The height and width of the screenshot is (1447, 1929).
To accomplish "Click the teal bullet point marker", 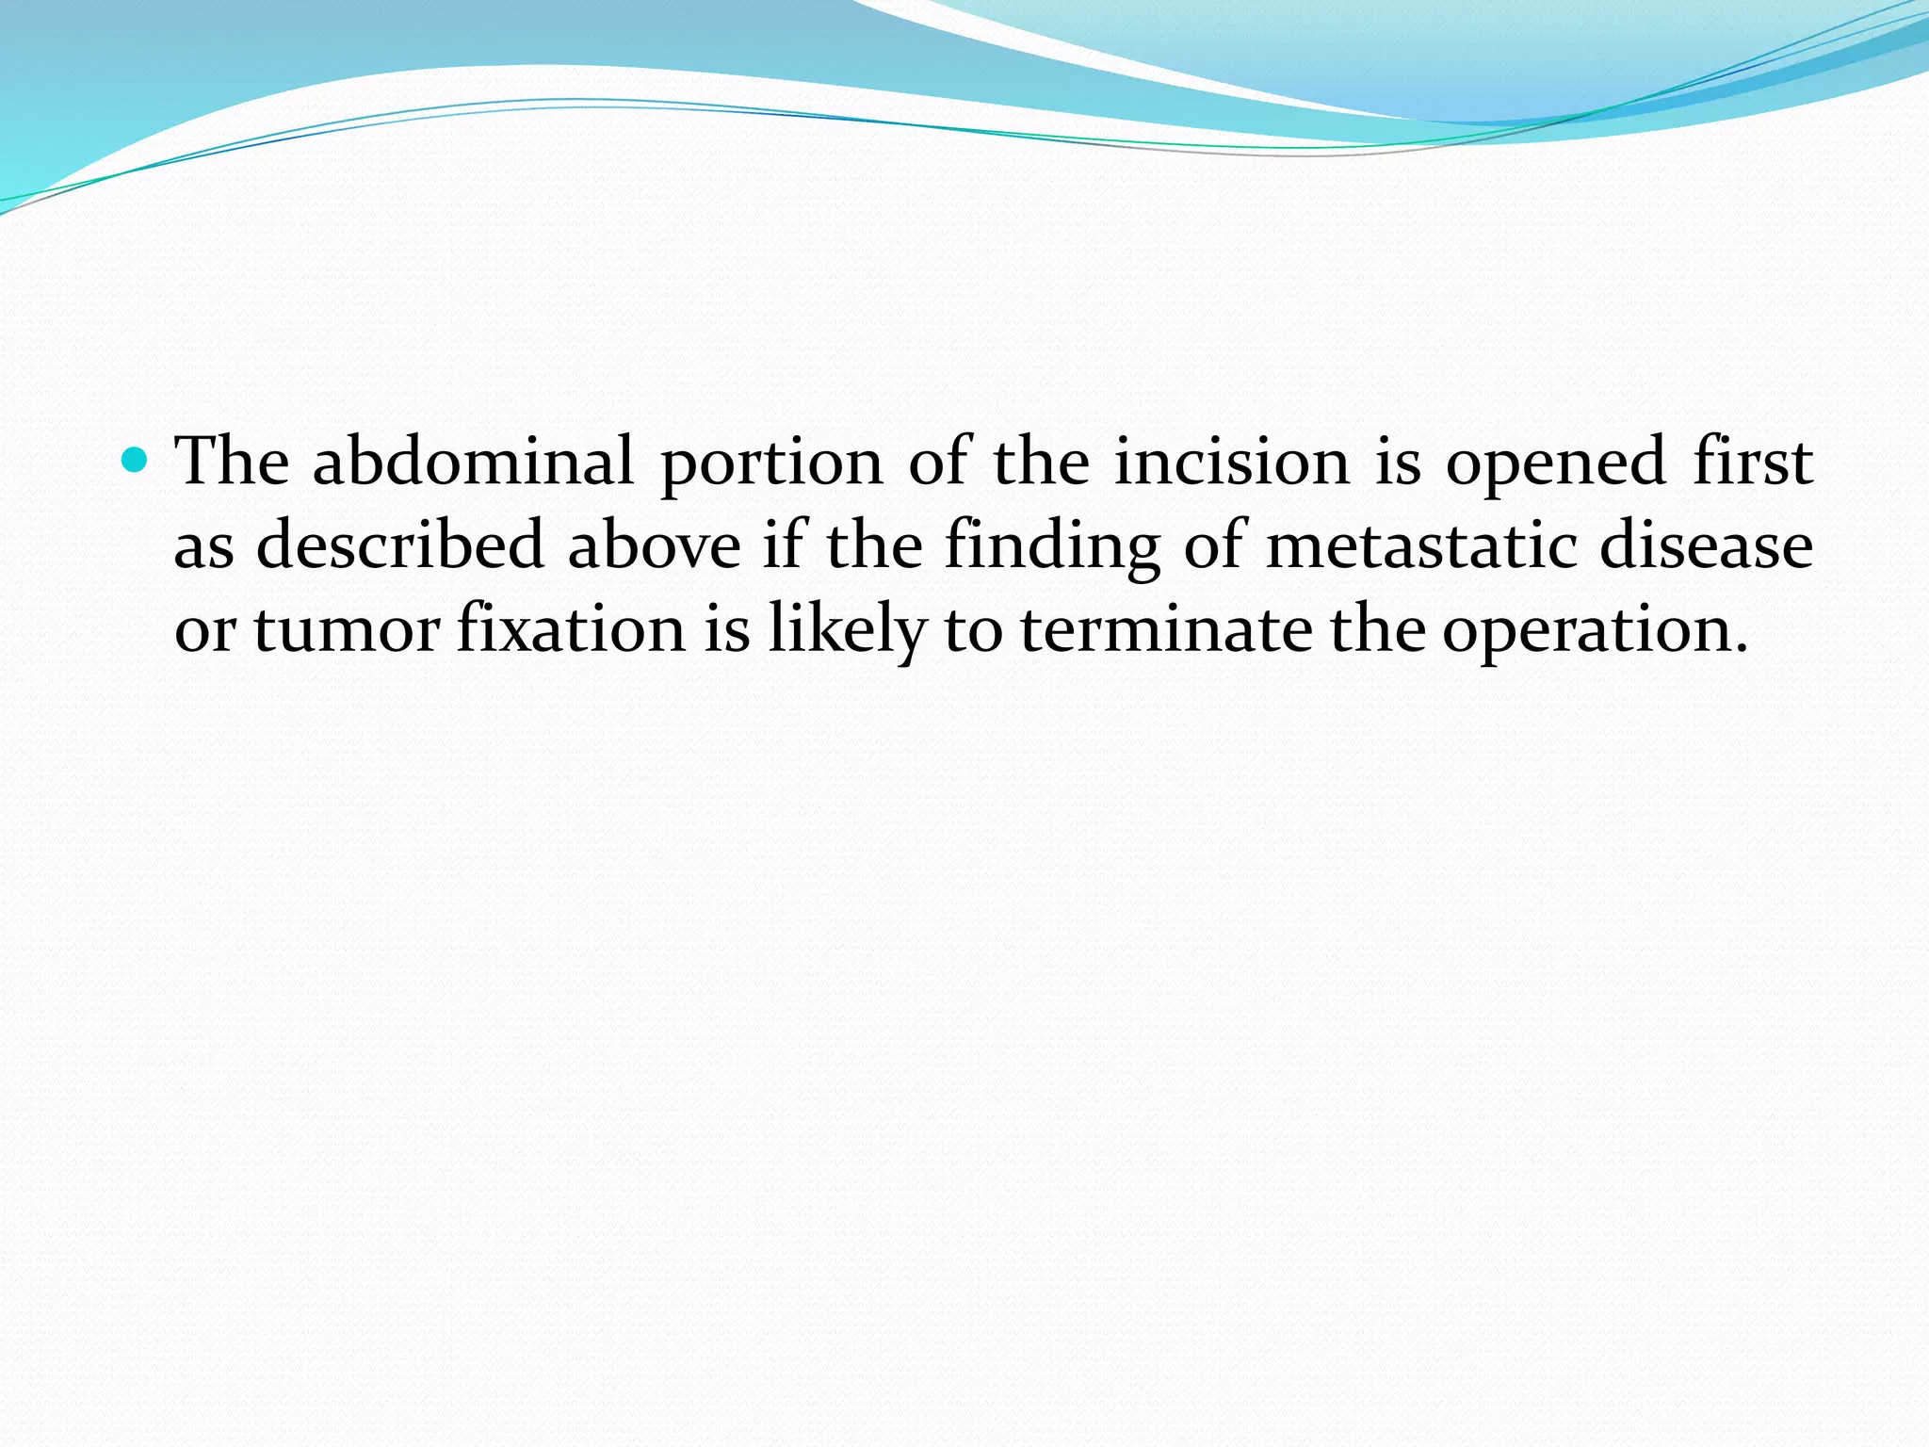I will click(x=137, y=461).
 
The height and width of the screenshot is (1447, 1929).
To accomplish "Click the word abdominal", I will click(x=473, y=462).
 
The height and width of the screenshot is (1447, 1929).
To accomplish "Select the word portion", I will click(x=772, y=463).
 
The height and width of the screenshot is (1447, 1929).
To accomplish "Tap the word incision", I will click(x=1233, y=462).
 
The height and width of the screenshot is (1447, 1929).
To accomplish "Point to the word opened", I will click(x=1556, y=463).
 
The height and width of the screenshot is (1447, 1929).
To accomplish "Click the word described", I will click(x=400, y=545).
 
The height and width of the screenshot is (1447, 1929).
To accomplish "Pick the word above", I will click(x=654, y=545).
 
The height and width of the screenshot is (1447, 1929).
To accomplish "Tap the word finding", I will click(x=1052, y=547).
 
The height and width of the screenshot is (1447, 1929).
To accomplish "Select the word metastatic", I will click(x=1421, y=545).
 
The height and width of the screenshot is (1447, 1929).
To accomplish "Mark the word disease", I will click(x=1707, y=545).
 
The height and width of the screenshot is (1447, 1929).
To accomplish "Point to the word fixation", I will click(x=571, y=629).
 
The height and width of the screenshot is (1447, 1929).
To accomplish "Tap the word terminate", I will click(x=1166, y=629).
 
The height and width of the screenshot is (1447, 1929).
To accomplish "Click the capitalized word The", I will click(x=234, y=462).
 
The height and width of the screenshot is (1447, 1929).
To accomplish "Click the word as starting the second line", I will click(x=203, y=547).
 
